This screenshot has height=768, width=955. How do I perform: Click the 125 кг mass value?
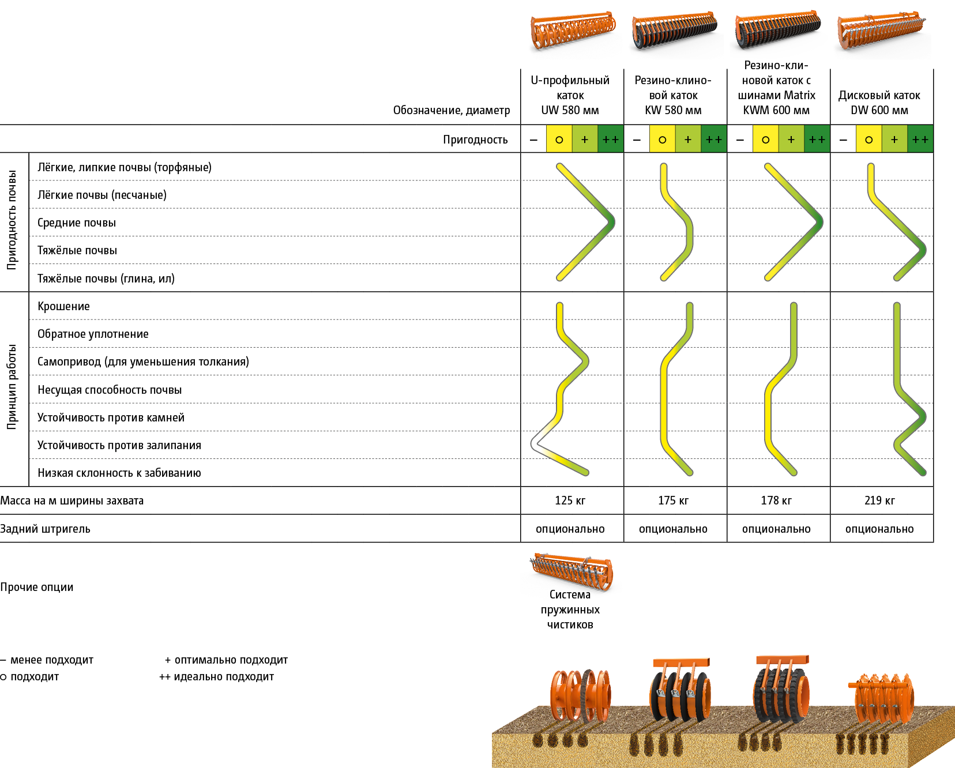[570, 500]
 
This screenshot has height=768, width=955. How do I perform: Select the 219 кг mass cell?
[879, 500]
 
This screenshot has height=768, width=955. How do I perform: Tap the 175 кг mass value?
[673, 500]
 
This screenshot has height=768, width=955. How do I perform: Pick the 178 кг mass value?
[776, 500]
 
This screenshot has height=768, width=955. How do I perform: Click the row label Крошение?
[63, 306]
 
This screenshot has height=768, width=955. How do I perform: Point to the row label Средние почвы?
[76, 223]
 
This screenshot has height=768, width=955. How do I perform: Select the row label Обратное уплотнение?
[93, 334]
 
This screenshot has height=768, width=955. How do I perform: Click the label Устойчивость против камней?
[111, 417]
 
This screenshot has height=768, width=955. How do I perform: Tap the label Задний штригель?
[45, 529]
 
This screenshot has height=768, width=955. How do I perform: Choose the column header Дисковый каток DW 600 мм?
[879, 103]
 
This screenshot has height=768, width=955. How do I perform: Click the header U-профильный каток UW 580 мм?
[570, 95]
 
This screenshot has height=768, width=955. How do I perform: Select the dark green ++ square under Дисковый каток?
[920, 140]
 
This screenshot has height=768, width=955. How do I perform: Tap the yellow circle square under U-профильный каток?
[559, 140]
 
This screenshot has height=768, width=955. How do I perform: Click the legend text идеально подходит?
[223, 676]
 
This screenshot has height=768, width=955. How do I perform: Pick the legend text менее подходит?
[51, 660]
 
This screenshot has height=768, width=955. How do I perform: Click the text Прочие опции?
[37, 587]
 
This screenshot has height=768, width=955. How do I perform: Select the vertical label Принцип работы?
[12, 387]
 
